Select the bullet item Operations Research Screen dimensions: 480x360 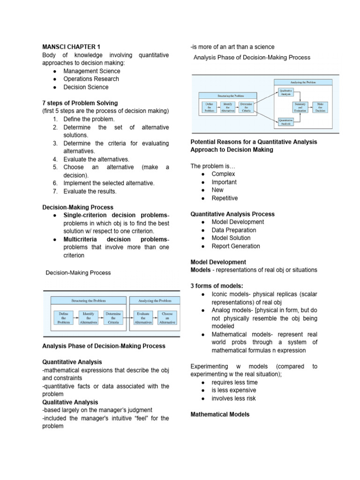point(91,79)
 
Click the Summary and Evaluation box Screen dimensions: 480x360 point(300,107)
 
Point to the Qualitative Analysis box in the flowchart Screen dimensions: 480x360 point(286,91)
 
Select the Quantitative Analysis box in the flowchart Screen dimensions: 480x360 point(286,122)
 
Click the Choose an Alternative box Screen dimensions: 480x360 point(167,317)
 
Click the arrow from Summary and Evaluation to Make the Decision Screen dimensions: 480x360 point(310,107)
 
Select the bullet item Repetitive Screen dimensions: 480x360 point(225,198)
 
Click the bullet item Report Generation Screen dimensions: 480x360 point(235,246)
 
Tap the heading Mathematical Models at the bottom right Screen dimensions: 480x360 point(220,414)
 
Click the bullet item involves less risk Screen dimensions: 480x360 point(233,398)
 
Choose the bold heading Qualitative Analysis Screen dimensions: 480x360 point(70,402)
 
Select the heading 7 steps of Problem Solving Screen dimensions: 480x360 point(80,103)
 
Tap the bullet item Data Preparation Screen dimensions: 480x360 point(234,230)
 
